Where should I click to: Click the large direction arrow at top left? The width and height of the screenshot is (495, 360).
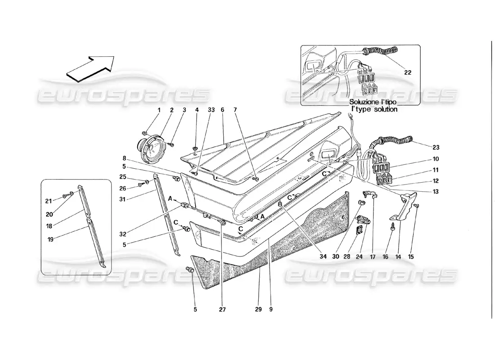tap(90, 67)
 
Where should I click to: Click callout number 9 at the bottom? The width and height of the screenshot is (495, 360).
tap(271, 310)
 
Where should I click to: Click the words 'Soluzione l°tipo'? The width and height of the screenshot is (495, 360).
tap(373, 102)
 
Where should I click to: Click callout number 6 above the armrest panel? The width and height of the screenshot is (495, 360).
tap(222, 110)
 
